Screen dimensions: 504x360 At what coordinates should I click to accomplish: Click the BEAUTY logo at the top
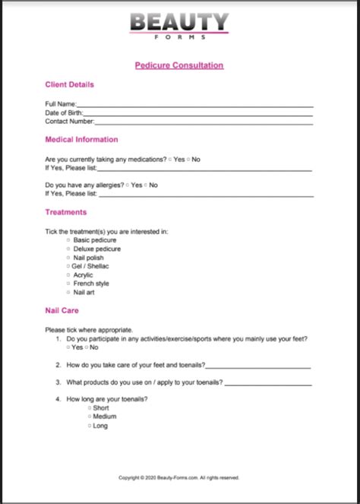tap(179, 23)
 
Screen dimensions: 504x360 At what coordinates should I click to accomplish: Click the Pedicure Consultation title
tap(179, 65)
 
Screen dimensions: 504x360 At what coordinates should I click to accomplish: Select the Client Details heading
tap(70, 84)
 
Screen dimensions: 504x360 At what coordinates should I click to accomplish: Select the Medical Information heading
tap(81, 140)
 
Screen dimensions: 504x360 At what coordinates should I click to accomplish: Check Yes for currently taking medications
tap(171, 159)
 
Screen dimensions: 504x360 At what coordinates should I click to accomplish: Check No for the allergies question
tap(145, 185)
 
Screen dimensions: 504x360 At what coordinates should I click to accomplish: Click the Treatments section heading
tap(66, 212)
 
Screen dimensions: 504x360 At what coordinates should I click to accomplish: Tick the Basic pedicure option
tap(68, 240)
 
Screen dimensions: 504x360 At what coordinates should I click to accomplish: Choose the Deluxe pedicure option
tap(68, 249)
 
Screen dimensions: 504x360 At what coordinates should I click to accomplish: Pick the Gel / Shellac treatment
tap(68, 266)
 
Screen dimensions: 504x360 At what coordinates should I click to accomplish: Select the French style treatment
tap(68, 284)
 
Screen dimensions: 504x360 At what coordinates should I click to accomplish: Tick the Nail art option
tap(68, 293)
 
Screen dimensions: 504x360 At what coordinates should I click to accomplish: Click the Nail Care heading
tap(62, 311)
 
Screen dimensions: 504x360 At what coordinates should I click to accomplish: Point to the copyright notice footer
tap(179, 477)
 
